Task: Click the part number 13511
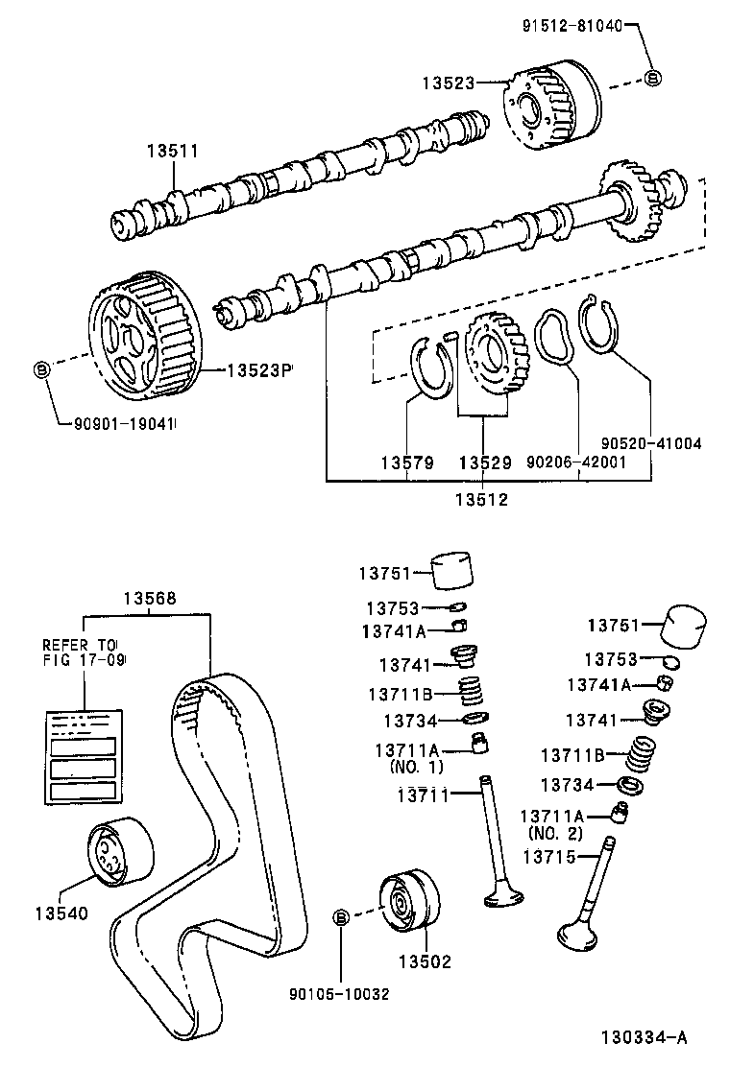(172, 152)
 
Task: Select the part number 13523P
(258, 369)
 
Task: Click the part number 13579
(407, 463)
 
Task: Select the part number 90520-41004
(651, 443)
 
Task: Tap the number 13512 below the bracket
(482, 499)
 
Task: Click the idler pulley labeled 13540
(117, 851)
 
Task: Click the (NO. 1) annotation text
(417, 768)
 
